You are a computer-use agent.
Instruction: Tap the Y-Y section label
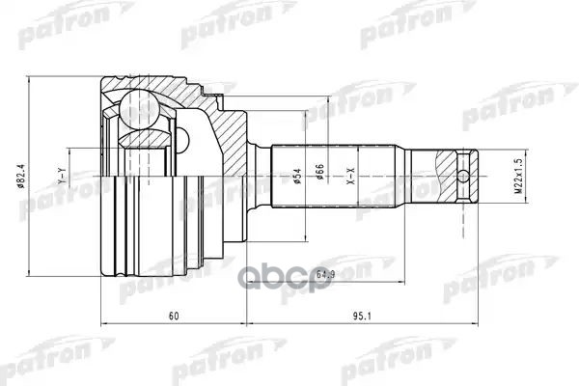(x=62, y=177)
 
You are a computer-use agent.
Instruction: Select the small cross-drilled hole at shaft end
(x=465, y=176)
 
